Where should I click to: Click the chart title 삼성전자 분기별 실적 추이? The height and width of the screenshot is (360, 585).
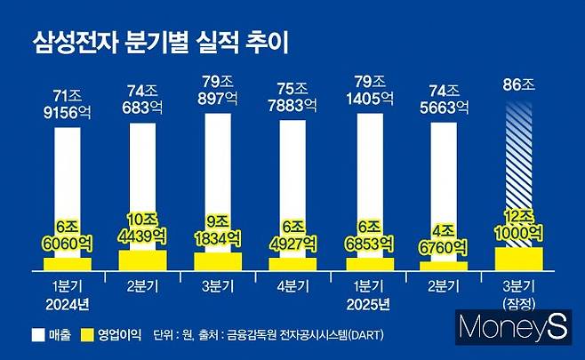pyautogui.click(x=164, y=42)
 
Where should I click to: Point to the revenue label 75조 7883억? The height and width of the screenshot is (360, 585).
pyautogui.click(x=292, y=98)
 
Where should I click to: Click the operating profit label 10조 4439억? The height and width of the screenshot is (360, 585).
pyautogui.click(x=141, y=226)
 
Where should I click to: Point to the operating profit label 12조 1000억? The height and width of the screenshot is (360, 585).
pyautogui.click(x=518, y=225)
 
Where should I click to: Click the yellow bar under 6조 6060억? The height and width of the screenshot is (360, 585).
pyautogui.click(x=67, y=264)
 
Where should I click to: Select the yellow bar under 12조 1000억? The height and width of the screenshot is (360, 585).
pyautogui.click(x=518, y=258)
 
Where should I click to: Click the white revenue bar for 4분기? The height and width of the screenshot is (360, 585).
pyautogui.click(x=292, y=178)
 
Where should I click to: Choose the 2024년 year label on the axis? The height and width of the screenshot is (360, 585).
pyautogui.click(x=67, y=306)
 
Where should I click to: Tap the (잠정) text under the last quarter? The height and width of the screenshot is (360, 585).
pyautogui.click(x=518, y=306)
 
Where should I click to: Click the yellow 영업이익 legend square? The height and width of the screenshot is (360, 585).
pyautogui.click(x=88, y=338)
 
